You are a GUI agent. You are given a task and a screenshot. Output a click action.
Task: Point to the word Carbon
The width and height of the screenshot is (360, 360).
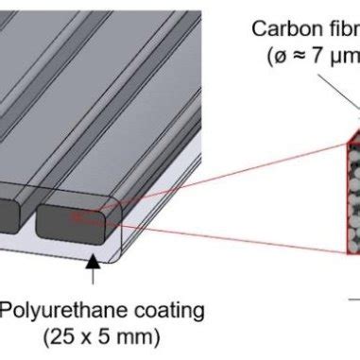(x=278, y=28)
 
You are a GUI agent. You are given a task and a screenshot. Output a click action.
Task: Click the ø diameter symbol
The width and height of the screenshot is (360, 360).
(x=281, y=56)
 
